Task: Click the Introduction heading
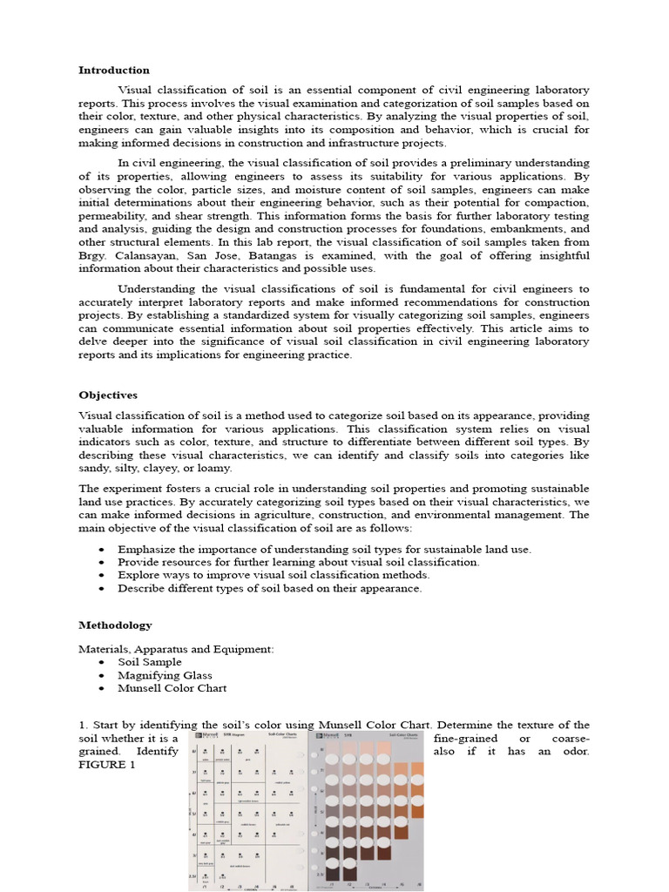tap(114, 70)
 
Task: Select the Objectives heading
tap(108, 395)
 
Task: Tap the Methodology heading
tap(115, 625)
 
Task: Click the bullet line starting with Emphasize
tap(324, 550)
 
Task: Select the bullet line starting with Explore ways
tap(274, 575)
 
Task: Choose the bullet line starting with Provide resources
tap(298, 563)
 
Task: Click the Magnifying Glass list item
tap(165, 675)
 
